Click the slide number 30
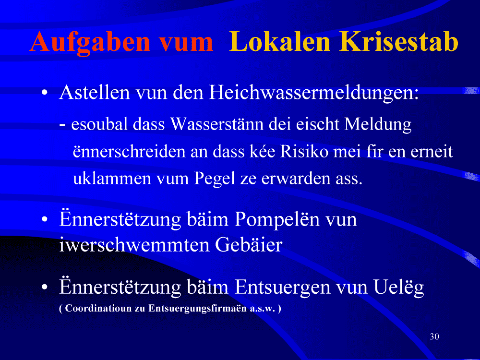pyautogui.click(x=434, y=336)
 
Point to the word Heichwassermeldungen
pyautogui.click(x=314, y=93)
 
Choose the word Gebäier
pyautogui.click(x=248, y=245)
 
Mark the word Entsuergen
pyautogui.click(x=283, y=288)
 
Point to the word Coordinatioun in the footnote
pyautogui.click(x=97, y=308)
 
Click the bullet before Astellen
pyautogui.click(x=45, y=92)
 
